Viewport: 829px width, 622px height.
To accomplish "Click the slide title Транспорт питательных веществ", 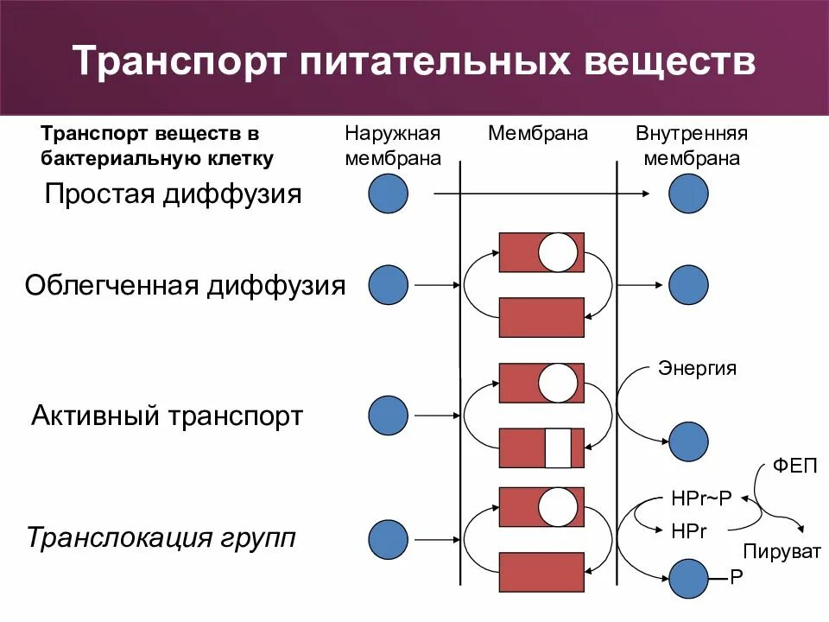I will [x=414, y=62].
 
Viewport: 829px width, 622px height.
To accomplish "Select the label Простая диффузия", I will [x=174, y=194].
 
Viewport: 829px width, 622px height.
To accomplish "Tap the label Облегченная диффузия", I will [x=185, y=285].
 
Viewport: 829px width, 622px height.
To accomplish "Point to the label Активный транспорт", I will [x=168, y=416].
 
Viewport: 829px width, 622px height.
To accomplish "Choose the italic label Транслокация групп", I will [x=161, y=538].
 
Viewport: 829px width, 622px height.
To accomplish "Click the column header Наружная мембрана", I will [x=393, y=146].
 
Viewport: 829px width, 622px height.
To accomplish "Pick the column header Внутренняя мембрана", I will [x=691, y=146].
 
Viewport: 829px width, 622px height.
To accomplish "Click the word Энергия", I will [x=698, y=368].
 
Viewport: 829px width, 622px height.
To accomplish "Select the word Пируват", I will [x=782, y=551].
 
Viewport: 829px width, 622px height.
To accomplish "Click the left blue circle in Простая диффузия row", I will [x=388, y=194].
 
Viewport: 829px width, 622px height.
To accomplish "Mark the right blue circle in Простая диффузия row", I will [x=688, y=194].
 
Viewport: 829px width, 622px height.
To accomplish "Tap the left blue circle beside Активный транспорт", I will [x=388, y=416].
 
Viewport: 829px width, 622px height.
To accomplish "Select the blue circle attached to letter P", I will [x=688, y=578].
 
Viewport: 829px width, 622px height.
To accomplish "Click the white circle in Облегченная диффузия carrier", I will [x=558, y=251].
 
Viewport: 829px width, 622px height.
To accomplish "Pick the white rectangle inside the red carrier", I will [x=558, y=448].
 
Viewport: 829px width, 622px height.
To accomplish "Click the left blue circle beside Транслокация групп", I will [x=388, y=540].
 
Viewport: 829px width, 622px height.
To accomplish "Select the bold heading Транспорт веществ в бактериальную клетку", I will [x=158, y=146].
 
